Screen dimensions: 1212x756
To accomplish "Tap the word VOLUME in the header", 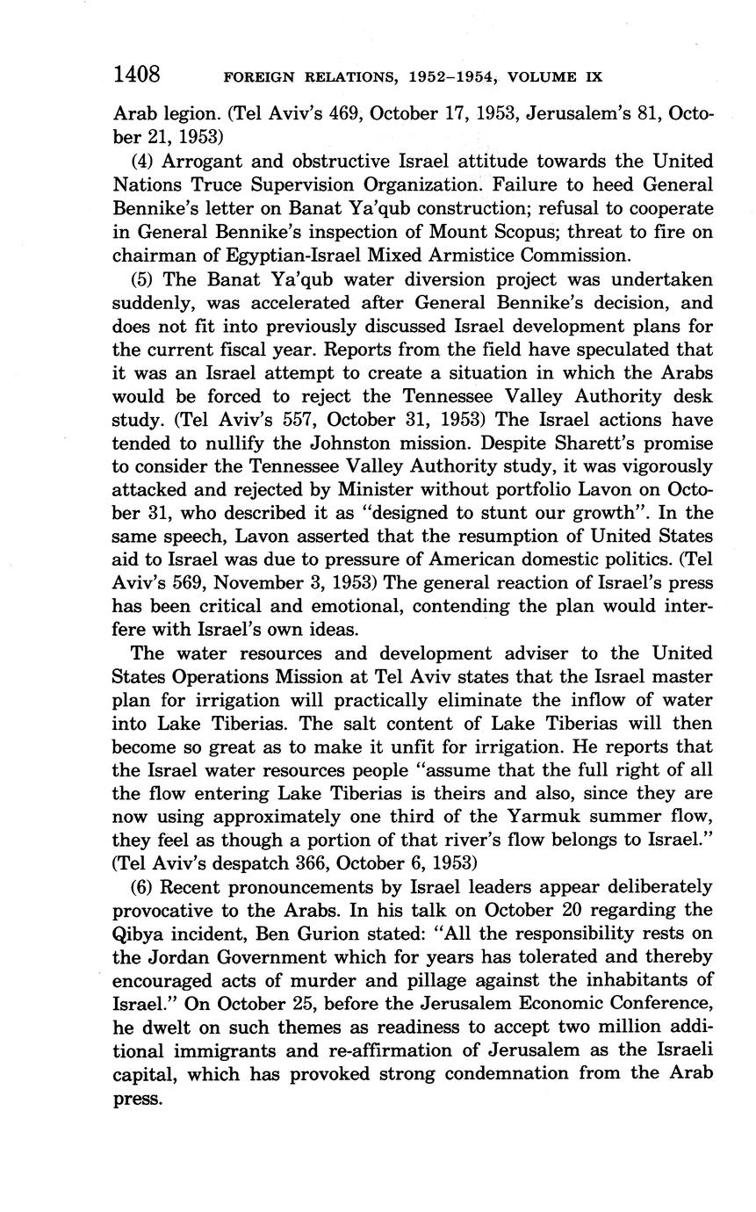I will tap(536, 76).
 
